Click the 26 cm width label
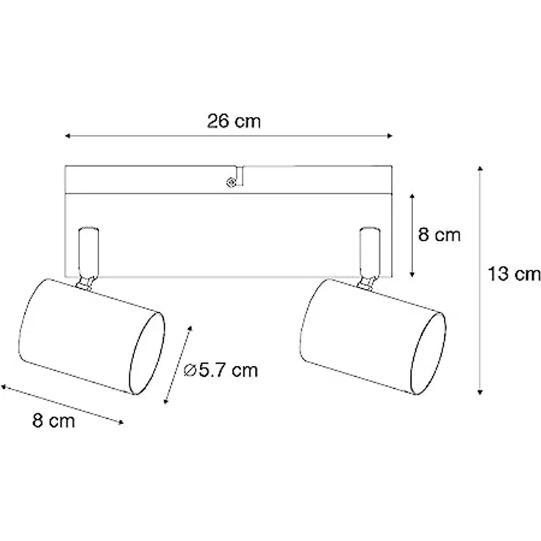coord(233,122)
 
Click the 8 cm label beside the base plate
coord(439,235)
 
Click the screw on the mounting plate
coord(231,181)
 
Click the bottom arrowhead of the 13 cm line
coord(480,391)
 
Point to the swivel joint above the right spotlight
coord(365,280)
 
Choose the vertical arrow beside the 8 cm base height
coord(413,234)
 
